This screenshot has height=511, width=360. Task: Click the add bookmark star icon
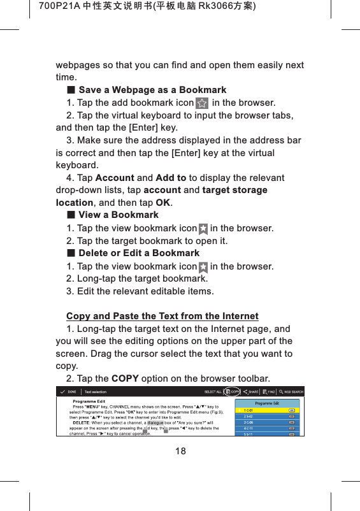pos(201,103)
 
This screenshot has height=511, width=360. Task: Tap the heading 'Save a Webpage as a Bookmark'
pos(152,90)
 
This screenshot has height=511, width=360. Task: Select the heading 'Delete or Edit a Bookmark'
pos(138,253)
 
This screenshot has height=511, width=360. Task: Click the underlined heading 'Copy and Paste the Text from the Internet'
pos(162,316)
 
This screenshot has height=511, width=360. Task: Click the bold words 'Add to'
pos(171,178)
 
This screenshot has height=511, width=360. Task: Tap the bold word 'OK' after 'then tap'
pos(163,203)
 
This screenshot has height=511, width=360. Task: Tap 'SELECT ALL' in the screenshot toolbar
pos(212,392)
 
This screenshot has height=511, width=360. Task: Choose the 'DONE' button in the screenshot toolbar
pos(72,392)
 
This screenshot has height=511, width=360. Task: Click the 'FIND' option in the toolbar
pos(270,392)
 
